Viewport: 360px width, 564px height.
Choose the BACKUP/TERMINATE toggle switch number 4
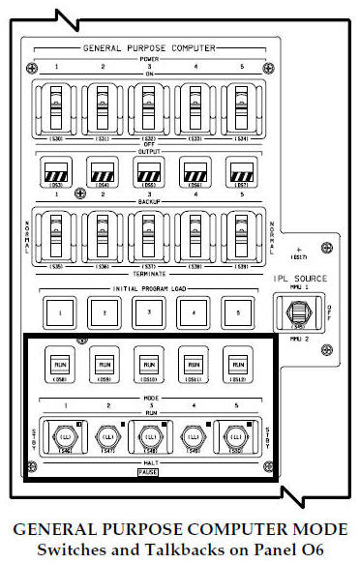(x=189, y=233)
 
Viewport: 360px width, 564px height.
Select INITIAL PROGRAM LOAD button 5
(x=233, y=312)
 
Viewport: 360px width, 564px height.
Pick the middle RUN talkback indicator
(x=144, y=365)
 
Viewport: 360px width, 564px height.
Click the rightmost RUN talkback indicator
(x=233, y=365)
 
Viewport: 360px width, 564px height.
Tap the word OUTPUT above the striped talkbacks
(x=144, y=150)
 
